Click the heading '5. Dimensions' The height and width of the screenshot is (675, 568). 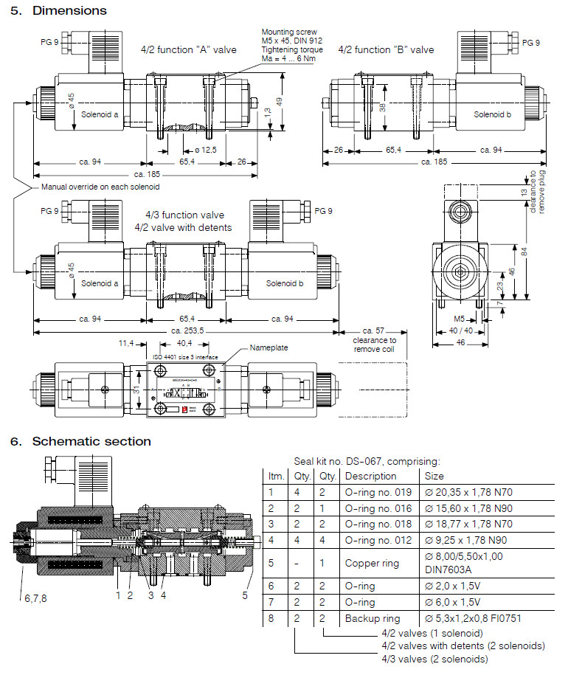[58, 10]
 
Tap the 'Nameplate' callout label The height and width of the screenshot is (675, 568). [269, 347]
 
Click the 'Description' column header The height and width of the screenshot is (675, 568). [371, 476]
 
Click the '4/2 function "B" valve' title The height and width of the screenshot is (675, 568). [386, 49]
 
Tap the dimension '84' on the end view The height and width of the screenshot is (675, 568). [524, 251]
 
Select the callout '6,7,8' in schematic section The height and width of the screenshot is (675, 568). [34, 598]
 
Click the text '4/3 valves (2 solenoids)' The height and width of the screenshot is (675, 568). [434, 658]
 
